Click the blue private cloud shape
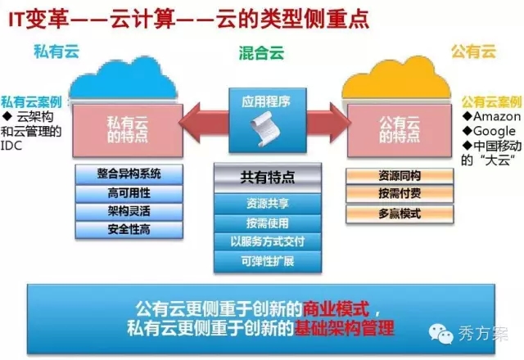(123, 79)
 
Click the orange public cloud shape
(396, 79)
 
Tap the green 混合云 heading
(261, 53)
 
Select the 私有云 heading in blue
(56, 52)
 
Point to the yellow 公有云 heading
(473, 51)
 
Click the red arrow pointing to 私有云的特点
(204, 122)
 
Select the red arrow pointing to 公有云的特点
(328, 122)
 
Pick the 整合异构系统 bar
(129, 174)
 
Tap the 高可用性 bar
(129, 193)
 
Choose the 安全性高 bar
(129, 229)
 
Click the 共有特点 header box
(268, 178)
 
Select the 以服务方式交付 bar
(268, 241)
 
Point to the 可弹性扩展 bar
(268, 262)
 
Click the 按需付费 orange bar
(400, 193)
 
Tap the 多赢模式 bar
(400, 214)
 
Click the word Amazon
(497, 116)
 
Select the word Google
(495, 131)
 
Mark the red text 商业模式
(336, 308)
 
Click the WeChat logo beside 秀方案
(440, 333)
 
